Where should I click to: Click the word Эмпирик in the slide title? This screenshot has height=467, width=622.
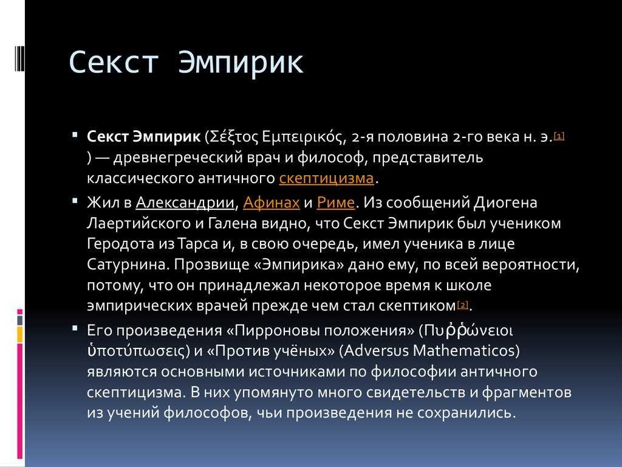pyautogui.click(x=241, y=63)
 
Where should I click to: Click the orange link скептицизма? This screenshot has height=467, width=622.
pyautogui.click(x=326, y=178)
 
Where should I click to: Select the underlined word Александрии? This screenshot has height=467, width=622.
pyautogui.click(x=185, y=202)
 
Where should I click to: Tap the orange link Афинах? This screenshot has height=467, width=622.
pyautogui.click(x=272, y=202)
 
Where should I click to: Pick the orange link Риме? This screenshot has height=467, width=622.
pyautogui.click(x=335, y=202)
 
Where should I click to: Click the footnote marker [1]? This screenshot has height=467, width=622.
pyautogui.click(x=559, y=136)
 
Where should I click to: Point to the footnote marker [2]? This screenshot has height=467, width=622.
pyautogui.click(x=463, y=305)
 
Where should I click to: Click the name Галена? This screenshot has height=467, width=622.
pyautogui.click(x=230, y=223)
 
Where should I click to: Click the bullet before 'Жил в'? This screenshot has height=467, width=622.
pyautogui.click(x=75, y=201)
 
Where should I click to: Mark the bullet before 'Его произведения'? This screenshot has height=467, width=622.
pyautogui.click(x=75, y=328)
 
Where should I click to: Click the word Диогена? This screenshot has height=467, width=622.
pyautogui.click(x=505, y=203)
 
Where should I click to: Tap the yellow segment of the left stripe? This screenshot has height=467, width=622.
pyautogui.click(x=20, y=334)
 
